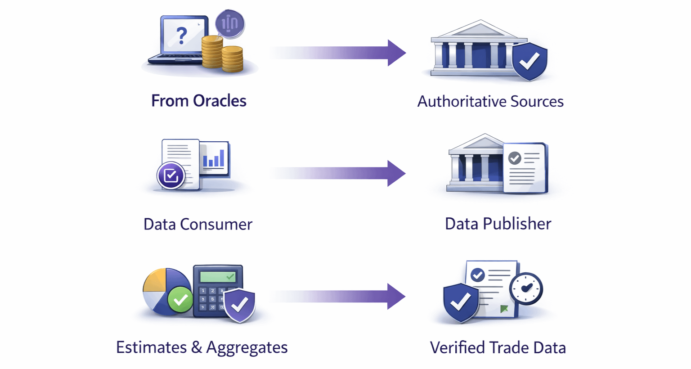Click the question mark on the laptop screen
(181, 36)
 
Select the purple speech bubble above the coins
(230, 23)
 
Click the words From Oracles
(198, 101)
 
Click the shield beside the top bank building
(530, 62)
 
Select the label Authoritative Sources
(490, 102)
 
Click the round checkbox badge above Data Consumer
(171, 175)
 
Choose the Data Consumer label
(198, 224)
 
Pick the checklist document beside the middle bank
(525, 168)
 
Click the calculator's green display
(218, 276)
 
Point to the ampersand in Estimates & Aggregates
(196, 347)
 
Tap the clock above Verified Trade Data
(526, 288)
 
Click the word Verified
(457, 348)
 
